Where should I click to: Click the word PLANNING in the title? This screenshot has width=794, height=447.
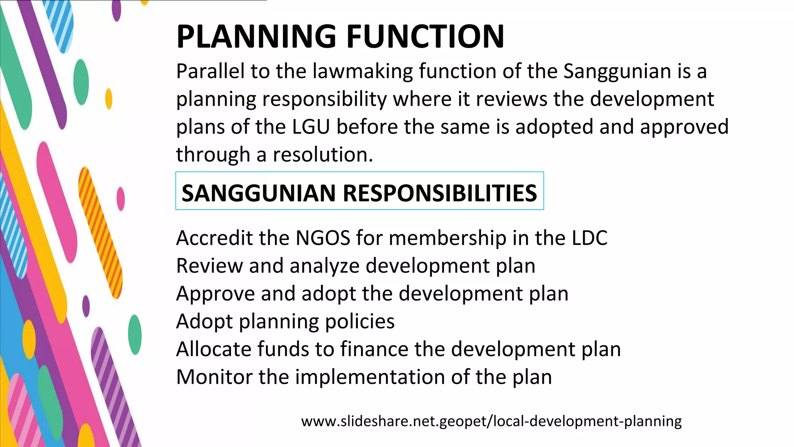click(256, 36)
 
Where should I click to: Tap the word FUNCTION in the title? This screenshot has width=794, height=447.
click(425, 36)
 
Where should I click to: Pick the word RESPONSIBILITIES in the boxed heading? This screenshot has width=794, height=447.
click(440, 193)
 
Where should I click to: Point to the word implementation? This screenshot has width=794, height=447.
click(370, 377)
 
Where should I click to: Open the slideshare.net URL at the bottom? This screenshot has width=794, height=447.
click(491, 421)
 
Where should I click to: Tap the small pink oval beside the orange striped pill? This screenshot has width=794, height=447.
click(121, 198)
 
